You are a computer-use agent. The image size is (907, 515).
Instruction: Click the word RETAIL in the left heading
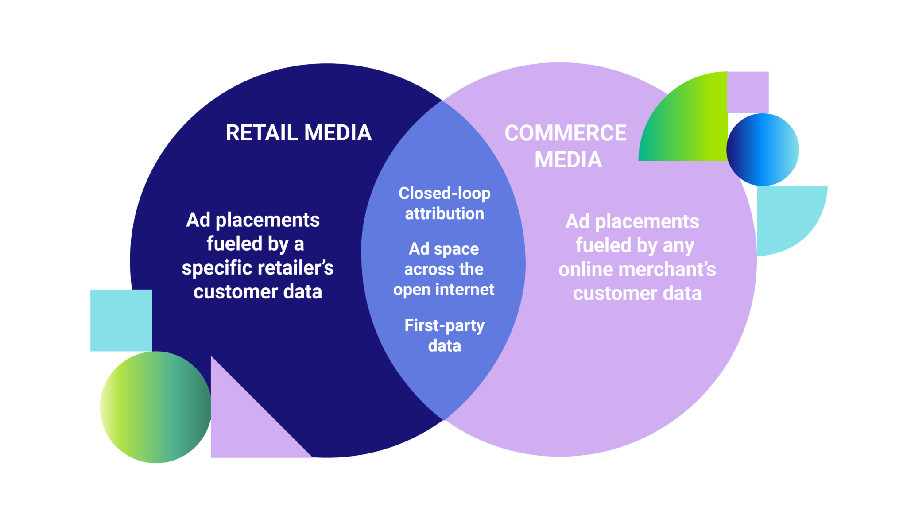262,133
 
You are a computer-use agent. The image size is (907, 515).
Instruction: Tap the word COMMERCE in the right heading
566,133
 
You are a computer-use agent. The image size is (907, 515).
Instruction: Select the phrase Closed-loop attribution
444,203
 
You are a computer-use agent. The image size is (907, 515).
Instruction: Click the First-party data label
444,335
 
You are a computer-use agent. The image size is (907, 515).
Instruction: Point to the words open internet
444,290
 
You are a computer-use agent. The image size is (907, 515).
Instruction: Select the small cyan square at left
120,320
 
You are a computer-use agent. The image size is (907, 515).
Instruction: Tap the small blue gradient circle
763,150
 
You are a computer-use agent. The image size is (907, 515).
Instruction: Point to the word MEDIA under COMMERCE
568,160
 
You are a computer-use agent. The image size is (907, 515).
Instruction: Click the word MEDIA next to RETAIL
338,133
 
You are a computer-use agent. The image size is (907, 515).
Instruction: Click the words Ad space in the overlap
444,249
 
